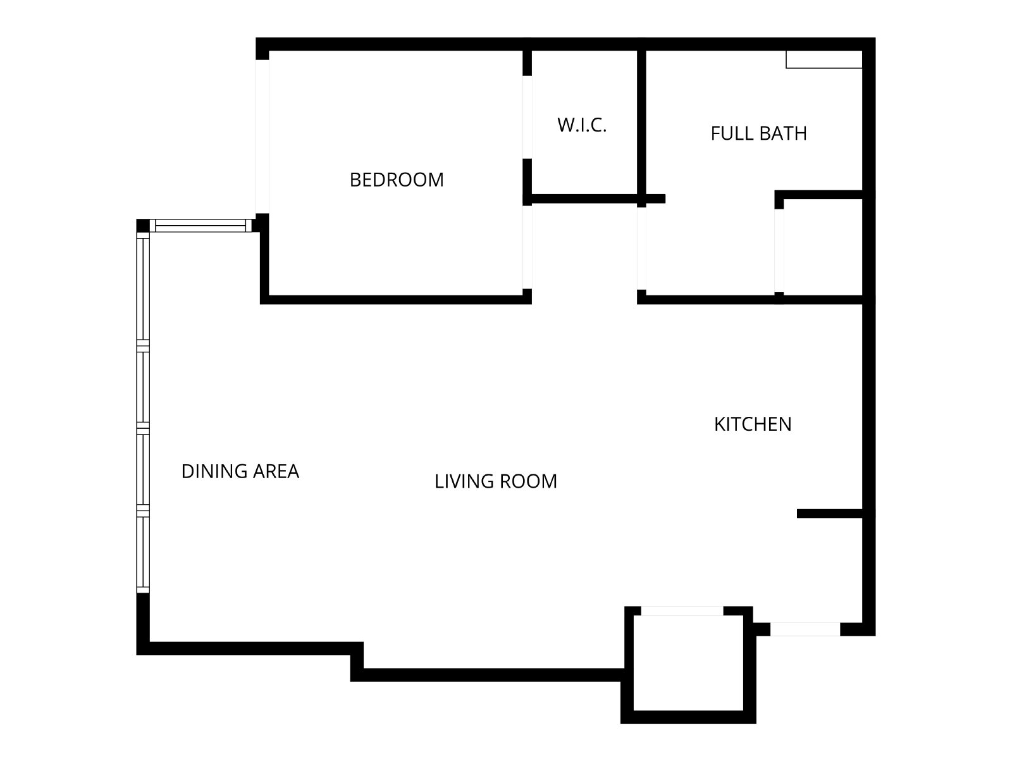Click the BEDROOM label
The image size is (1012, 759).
397,180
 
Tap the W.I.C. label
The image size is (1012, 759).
582,125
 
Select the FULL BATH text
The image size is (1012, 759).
758,133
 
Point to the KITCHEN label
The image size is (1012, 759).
753,424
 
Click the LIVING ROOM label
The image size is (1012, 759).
496,481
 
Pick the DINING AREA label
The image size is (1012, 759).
240,471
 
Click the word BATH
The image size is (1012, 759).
783,133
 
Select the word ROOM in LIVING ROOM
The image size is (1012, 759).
528,481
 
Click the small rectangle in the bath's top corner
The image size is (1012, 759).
824,59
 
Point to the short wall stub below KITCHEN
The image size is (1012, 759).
829,514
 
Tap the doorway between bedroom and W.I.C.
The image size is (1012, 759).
527,117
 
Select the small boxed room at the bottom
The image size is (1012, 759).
688,663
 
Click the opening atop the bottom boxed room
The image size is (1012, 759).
682,611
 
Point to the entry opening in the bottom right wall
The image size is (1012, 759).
805,629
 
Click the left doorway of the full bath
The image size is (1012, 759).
641,249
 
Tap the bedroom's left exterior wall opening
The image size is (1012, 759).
262,137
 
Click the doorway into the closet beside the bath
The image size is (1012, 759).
779,250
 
